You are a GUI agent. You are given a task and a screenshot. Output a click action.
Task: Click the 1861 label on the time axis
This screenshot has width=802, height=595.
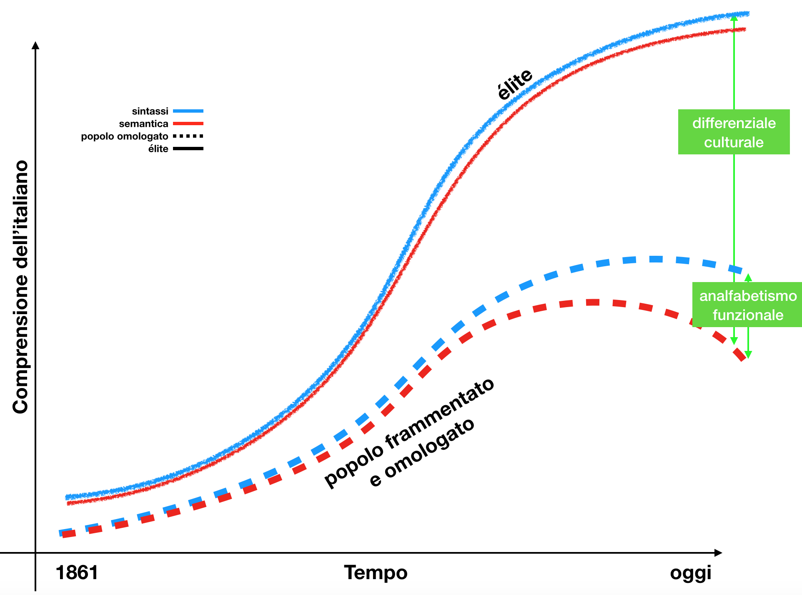[77, 572]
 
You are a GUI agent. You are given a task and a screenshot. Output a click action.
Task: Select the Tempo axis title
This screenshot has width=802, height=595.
[376, 572]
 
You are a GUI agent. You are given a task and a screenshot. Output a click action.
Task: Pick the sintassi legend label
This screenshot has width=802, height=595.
[150, 111]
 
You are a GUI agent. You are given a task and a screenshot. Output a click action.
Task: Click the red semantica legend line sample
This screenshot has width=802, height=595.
[188, 124]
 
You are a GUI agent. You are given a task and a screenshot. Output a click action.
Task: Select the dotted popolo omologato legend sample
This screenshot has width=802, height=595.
[188, 136]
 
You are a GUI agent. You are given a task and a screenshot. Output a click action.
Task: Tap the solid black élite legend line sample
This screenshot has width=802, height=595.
[188, 149]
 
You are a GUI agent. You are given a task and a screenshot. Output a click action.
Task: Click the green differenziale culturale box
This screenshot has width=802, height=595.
[734, 132]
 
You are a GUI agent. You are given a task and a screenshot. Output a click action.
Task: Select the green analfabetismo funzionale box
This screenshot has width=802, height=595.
[747, 305]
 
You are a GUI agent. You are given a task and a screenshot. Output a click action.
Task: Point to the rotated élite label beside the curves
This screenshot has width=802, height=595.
[515, 84]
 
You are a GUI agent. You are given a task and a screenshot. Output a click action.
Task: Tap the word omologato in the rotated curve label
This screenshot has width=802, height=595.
[429, 449]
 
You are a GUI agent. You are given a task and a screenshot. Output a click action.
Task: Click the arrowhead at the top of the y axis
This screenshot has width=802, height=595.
[35, 45]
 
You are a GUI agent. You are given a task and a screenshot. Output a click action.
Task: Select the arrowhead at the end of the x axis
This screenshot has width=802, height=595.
[718, 553]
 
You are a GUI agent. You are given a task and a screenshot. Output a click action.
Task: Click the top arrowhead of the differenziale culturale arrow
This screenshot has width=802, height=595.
[734, 18]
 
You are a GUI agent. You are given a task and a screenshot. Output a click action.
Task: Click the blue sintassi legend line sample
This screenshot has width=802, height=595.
[188, 111]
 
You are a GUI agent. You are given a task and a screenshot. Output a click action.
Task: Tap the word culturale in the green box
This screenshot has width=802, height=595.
[734, 142]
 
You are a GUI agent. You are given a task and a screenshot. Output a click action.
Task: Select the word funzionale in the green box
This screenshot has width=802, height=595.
[748, 315]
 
